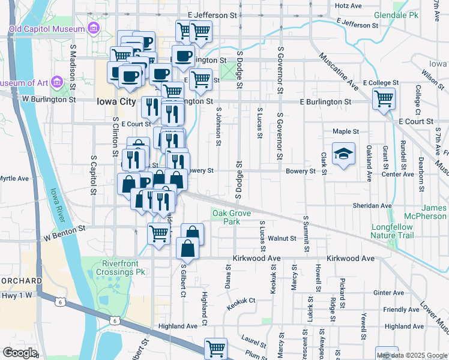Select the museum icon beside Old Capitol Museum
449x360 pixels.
coord(93,28)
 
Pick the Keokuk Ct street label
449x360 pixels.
coord(241,304)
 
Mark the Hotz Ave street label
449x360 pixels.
coord(348,5)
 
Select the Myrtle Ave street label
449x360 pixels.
coord(14,178)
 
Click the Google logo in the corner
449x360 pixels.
coord(20,353)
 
